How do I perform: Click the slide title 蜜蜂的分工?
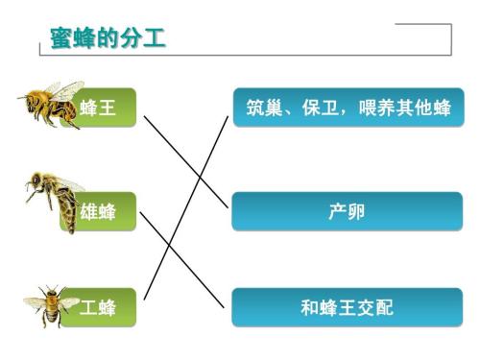click(108, 38)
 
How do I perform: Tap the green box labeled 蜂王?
click(100, 108)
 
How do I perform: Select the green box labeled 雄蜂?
click(100, 211)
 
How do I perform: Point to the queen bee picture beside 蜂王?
click(48, 103)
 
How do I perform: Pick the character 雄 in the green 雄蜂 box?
click(89, 211)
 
